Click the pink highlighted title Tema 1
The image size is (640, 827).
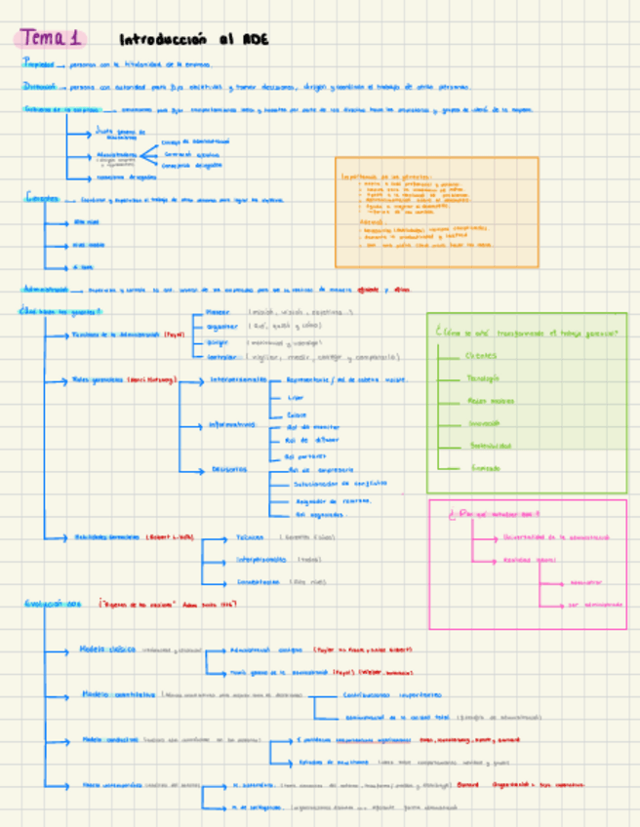pyautogui.click(x=52, y=39)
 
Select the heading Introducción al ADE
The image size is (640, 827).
pyautogui.click(x=193, y=40)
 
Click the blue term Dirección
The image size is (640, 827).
pyautogui.click(x=40, y=86)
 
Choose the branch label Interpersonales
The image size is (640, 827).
pyautogui.click(x=239, y=379)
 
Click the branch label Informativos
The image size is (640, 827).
pyautogui.click(x=232, y=424)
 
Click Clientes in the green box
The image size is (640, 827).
pyautogui.click(x=481, y=355)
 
